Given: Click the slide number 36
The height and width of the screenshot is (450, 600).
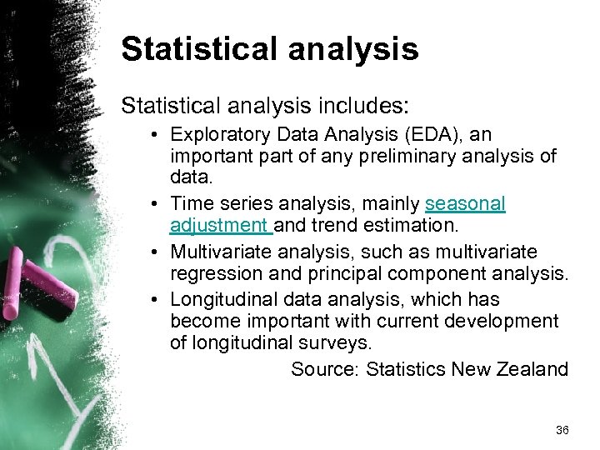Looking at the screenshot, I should (x=562, y=430).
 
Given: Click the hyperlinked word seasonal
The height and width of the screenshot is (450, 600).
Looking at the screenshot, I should (x=465, y=203).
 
